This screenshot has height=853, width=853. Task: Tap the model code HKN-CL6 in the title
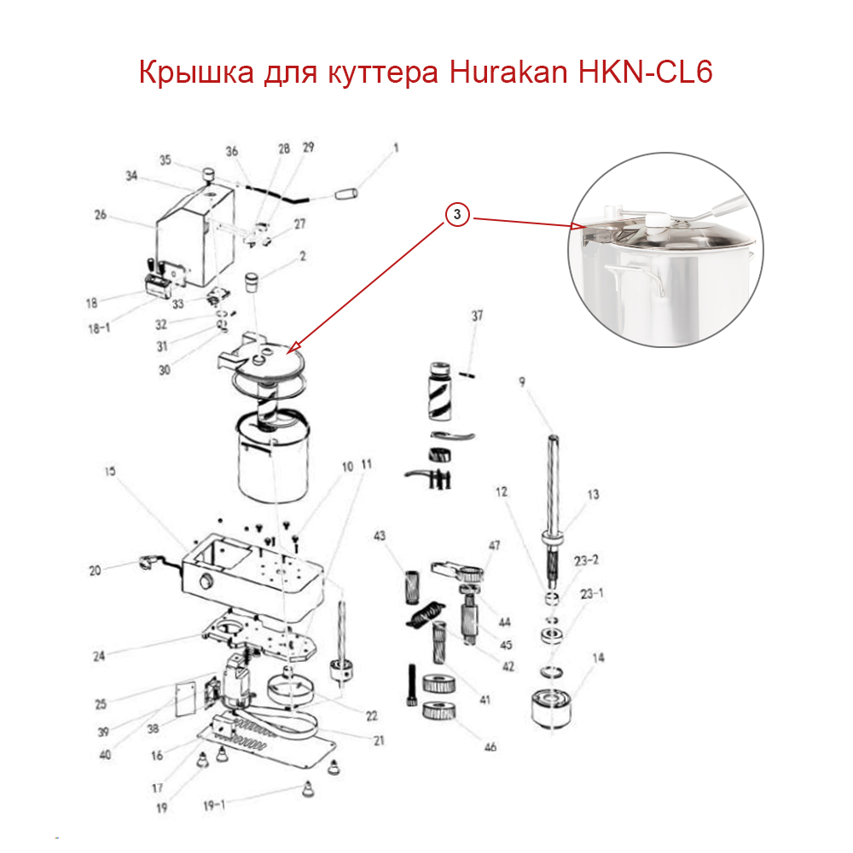[x=645, y=73]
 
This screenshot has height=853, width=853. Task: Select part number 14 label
[x=597, y=658]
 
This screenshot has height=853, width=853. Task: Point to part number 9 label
[x=521, y=382]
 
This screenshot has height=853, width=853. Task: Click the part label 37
[x=477, y=316]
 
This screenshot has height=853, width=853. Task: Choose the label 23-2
[x=587, y=560]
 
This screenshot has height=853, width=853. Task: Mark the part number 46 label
[x=490, y=747]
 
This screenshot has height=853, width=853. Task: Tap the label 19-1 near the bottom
[x=213, y=803]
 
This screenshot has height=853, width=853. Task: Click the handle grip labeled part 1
[x=351, y=194]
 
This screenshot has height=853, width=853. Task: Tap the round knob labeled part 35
[x=207, y=175]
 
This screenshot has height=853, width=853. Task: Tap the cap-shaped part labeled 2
[x=252, y=281]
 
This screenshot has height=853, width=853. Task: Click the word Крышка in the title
[x=195, y=73]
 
